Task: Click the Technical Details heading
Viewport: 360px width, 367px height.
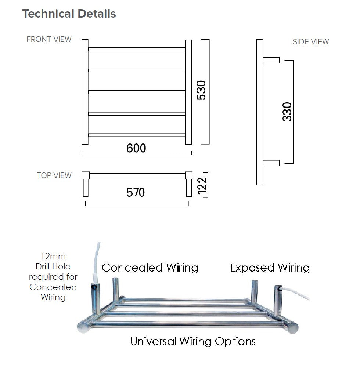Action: pyautogui.click(x=69, y=14)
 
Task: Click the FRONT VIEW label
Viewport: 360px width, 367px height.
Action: pyautogui.click(x=49, y=39)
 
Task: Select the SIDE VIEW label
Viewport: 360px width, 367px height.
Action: pyautogui.click(x=310, y=42)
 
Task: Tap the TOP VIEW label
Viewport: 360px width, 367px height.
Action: pyautogui.click(x=54, y=175)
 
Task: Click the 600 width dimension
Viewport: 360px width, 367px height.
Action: pyautogui.click(x=136, y=148)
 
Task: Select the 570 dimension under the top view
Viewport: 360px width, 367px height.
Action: pyautogui.click(x=136, y=192)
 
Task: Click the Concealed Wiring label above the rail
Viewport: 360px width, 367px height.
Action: pyautogui.click(x=150, y=268)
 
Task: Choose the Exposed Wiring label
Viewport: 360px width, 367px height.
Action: pyautogui.click(x=270, y=268)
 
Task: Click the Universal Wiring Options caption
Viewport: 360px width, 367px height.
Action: pyautogui.click(x=193, y=341)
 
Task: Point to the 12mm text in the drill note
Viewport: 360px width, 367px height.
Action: pyautogui.click(x=53, y=256)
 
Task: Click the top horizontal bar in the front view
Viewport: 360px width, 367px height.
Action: pyautogui.click(x=137, y=49)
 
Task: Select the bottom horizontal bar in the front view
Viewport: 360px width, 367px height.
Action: pyautogui.click(x=137, y=135)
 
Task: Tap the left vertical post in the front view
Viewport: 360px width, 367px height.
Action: pyautogui.click(x=85, y=92)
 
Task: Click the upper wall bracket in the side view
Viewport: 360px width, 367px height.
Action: pyautogui.click(x=271, y=60)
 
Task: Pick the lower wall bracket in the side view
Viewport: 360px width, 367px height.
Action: pyautogui.click(x=271, y=163)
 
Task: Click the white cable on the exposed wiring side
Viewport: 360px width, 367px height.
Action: pyautogui.click(x=298, y=295)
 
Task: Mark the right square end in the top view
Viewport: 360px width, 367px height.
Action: pyautogui.click(x=189, y=175)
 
